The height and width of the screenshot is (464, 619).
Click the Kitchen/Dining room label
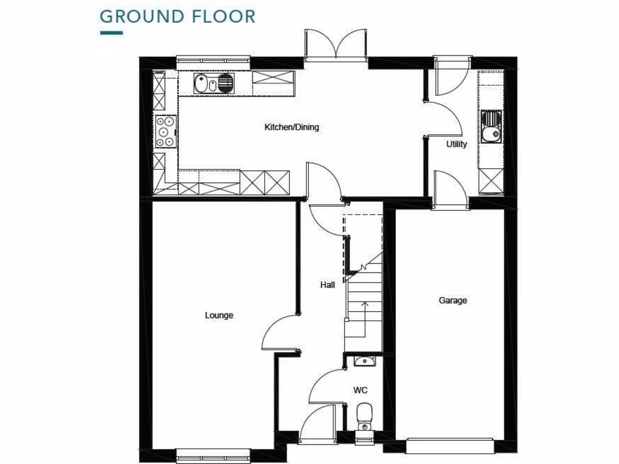point(291,127)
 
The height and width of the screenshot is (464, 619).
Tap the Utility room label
point(456,144)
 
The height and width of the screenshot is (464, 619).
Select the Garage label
point(453,300)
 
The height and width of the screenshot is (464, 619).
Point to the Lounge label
point(219,315)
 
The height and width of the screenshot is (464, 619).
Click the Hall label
point(328,285)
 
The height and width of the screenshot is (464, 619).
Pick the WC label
point(361,390)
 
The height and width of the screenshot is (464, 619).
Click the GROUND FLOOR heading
point(177,16)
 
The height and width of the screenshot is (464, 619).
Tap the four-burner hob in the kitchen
point(165,131)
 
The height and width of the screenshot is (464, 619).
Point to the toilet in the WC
point(365,414)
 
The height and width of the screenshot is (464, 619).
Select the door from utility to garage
point(449,188)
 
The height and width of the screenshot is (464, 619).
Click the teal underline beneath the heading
point(111,33)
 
